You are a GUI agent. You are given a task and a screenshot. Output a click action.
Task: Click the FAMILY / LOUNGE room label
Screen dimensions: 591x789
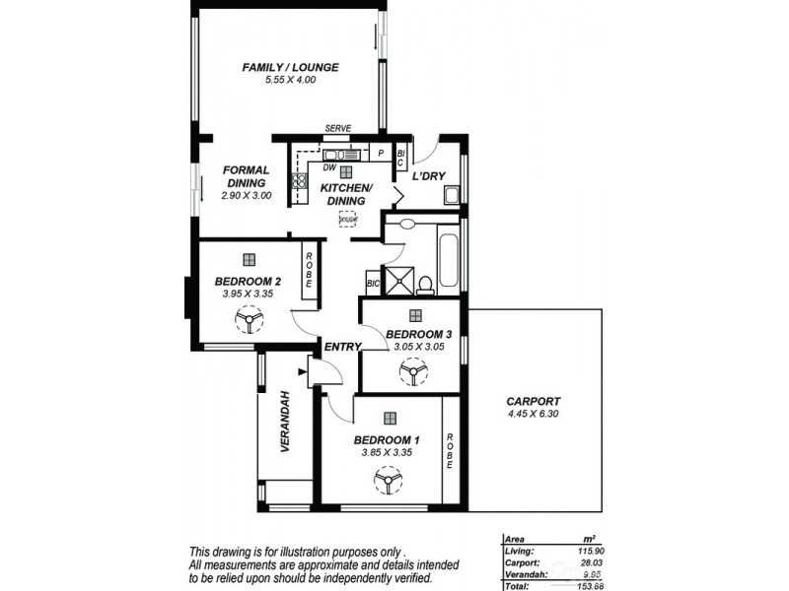click(x=290, y=67)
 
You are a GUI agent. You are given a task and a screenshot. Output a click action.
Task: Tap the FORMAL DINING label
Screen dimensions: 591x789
click(x=246, y=176)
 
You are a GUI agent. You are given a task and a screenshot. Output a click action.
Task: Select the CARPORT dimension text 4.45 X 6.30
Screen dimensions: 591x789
click(x=533, y=415)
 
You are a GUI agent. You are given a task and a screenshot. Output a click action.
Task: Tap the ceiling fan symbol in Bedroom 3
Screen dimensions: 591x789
click(x=410, y=371)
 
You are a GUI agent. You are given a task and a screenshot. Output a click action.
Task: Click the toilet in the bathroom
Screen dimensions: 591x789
click(x=426, y=285)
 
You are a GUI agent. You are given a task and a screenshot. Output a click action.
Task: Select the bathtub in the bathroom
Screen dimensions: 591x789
click(x=450, y=260)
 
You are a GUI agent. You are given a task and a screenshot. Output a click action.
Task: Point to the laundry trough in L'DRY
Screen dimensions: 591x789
click(x=451, y=194)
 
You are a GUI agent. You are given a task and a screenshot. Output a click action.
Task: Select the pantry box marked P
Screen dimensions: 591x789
click(x=381, y=154)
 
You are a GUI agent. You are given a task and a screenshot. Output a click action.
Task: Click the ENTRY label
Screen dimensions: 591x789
click(x=340, y=346)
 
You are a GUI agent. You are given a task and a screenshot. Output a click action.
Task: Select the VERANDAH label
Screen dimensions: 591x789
click(x=285, y=421)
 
